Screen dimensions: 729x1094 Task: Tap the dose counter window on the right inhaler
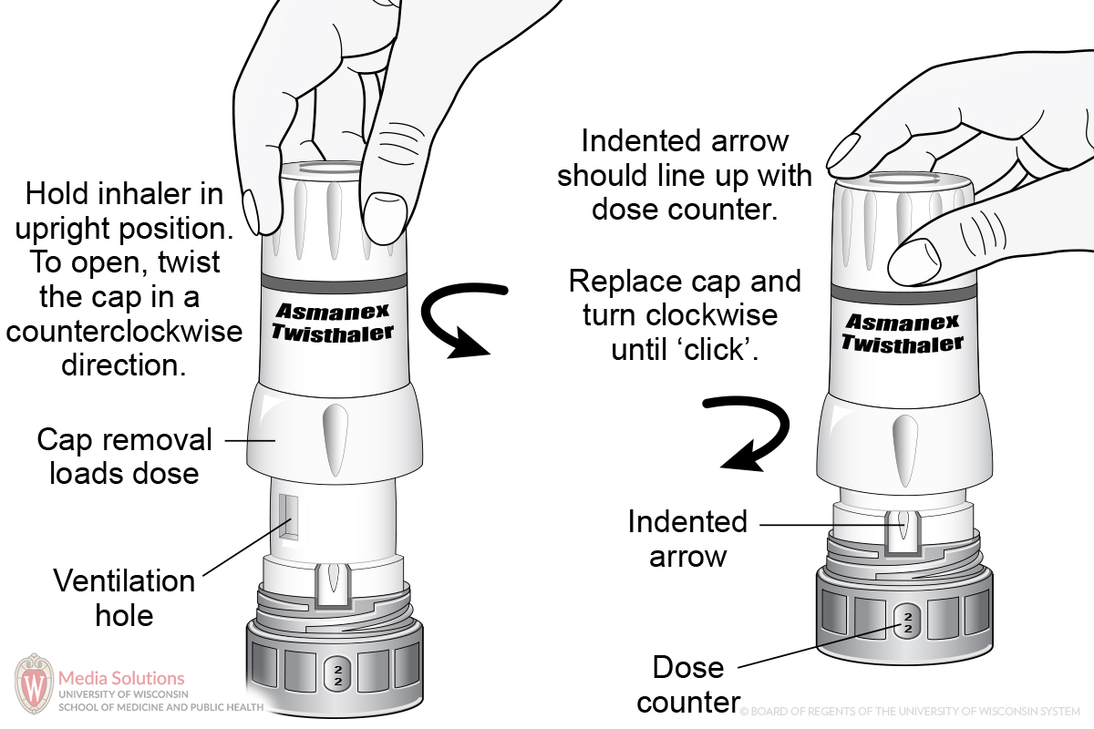point(907,623)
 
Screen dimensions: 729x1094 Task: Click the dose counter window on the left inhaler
point(335,673)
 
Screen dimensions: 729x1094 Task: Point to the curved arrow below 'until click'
point(753,433)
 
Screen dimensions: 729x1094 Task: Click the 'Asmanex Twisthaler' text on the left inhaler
point(333,323)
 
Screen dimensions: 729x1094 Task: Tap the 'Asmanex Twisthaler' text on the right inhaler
point(902,333)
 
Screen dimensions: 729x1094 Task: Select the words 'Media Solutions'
point(121,678)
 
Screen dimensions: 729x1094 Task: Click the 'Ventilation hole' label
point(124,598)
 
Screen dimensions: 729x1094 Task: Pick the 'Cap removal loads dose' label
point(124,457)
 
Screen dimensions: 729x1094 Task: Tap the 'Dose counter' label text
point(688,684)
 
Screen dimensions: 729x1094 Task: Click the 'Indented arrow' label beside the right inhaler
point(687,539)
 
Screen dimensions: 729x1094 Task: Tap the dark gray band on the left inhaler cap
point(333,274)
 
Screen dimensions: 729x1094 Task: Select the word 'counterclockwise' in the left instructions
point(124,331)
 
